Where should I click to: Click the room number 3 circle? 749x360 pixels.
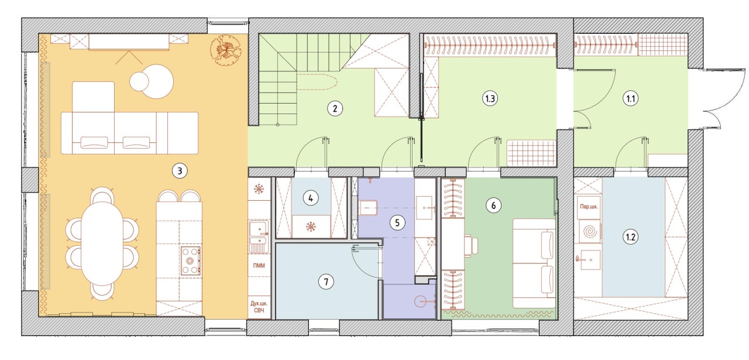pyautogui.click(x=180, y=171)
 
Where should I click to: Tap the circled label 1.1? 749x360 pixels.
pyautogui.click(x=631, y=99)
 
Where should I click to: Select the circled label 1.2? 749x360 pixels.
pyautogui.click(x=631, y=237)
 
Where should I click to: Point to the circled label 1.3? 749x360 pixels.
pyautogui.click(x=490, y=99)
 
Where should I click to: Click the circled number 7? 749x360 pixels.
pyautogui.click(x=326, y=282)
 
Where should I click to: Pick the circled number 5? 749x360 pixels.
pyautogui.click(x=397, y=222)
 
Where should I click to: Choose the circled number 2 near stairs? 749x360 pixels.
pyautogui.click(x=335, y=108)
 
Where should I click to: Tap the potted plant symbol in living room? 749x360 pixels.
pyautogui.click(x=226, y=50)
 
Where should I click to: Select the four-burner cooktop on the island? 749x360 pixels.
pyautogui.click(x=191, y=260)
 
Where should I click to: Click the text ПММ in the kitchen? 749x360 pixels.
pyautogui.click(x=259, y=266)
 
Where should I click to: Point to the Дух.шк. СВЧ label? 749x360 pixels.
pyautogui.click(x=259, y=307)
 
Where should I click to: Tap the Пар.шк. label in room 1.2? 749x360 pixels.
pyautogui.click(x=589, y=207)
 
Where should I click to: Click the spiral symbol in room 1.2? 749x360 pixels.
pyautogui.click(x=589, y=231)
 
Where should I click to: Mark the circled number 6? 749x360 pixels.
pyautogui.click(x=493, y=205)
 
